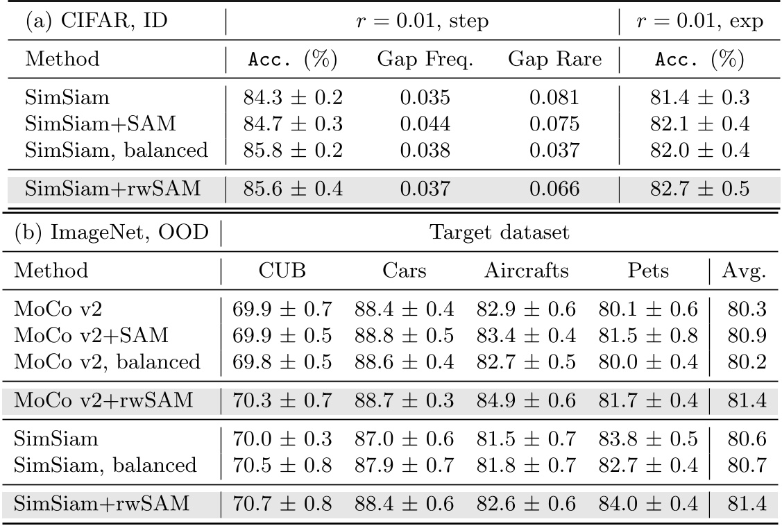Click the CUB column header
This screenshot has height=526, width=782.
(x=282, y=270)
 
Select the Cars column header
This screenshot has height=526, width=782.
(x=404, y=270)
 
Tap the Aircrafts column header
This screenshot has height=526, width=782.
(x=526, y=270)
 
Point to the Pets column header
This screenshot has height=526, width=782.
(x=648, y=270)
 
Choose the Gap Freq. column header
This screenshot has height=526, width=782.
(x=425, y=59)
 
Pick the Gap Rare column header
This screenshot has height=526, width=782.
(x=554, y=59)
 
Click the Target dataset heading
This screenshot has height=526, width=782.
(x=500, y=232)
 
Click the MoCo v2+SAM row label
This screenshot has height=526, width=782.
(x=91, y=334)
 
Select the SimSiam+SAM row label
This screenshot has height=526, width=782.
(x=100, y=124)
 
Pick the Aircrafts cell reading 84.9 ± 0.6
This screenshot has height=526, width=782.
(x=526, y=400)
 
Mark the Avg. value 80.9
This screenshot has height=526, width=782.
(x=747, y=334)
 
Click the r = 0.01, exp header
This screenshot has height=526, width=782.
(x=700, y=22)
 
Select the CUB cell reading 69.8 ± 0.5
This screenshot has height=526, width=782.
(x=282, y=361)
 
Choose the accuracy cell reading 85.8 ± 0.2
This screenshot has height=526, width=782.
(x=293, y=150)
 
